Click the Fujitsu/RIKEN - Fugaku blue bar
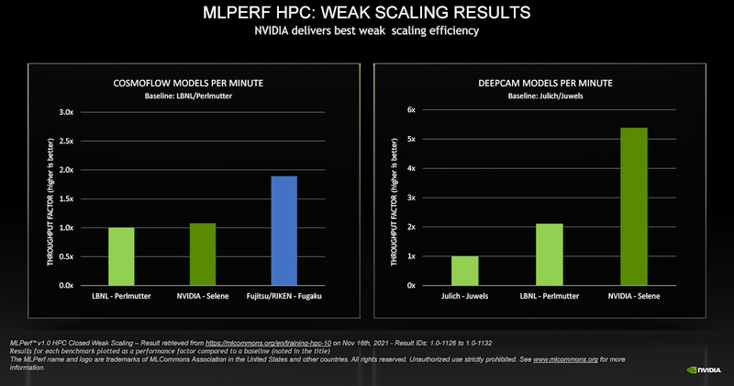[x=284, y=231]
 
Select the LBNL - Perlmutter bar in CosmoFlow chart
[x=122, y=256]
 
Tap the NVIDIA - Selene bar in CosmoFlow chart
[x=204, y=255]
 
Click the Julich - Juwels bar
[x=464, y=271]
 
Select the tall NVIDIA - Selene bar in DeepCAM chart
[x=634, y=207]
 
